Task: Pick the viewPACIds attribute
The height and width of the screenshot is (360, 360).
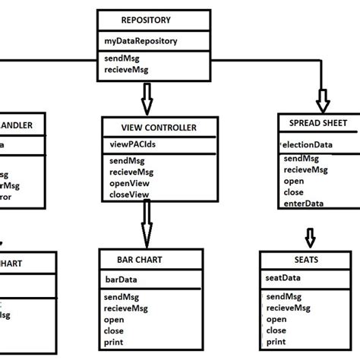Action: (131, 143)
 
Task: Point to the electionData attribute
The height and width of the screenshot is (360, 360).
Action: (305, 143)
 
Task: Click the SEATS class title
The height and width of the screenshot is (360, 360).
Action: (302, 259)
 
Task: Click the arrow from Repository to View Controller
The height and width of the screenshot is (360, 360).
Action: (147, 97)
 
